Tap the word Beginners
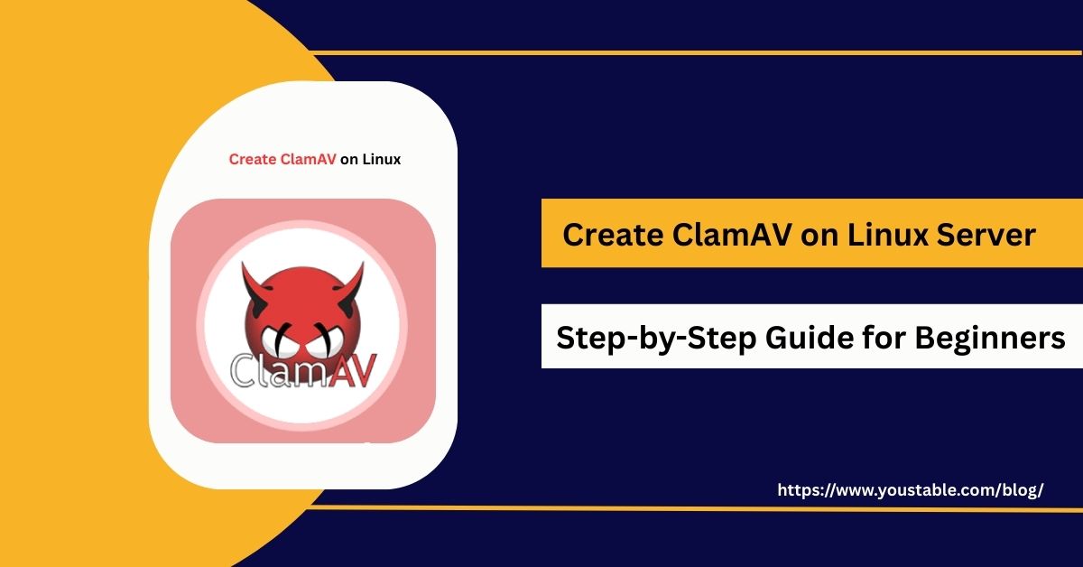[991, 338]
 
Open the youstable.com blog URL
[910, 490]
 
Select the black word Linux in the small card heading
[382, 160]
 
